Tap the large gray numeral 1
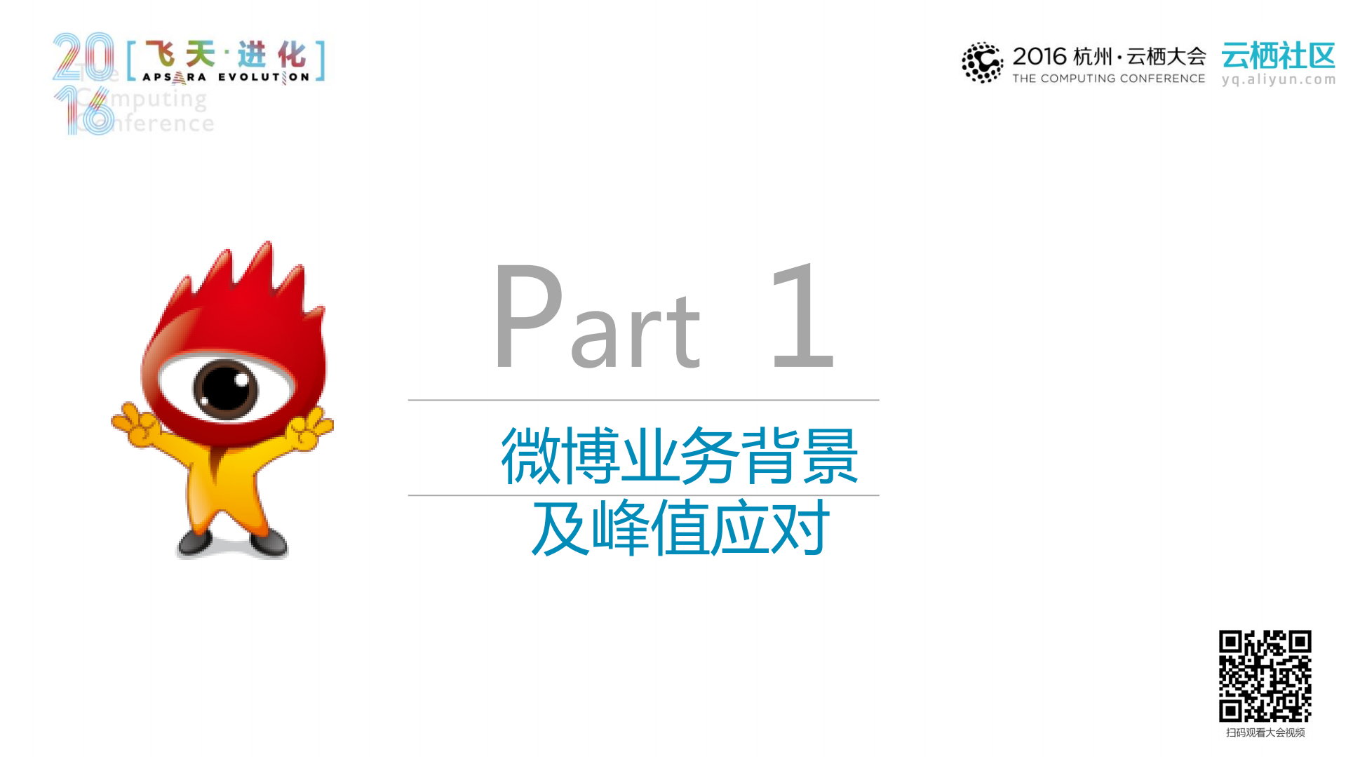(804, 316)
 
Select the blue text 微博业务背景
(679, 456)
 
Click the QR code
(1265, 676)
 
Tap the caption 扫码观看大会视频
(1265, 732)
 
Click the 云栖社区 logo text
(1278, 56)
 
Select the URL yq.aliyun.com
(1278, 79)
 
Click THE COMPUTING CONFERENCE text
(1108, 79)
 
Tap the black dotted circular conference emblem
(982, 62)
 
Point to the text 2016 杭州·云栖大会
(1108, 56)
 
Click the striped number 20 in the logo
(83, 56)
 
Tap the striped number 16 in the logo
(84, 111)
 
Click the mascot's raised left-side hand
(137, 423)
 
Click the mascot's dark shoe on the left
(195, 541)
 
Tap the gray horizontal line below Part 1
(643, 400)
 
